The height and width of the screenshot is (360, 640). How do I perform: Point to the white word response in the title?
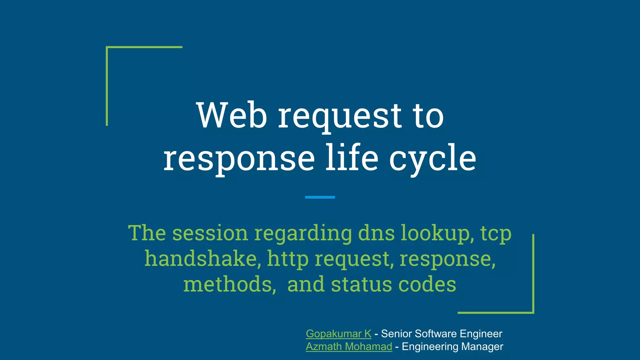coord(239,159)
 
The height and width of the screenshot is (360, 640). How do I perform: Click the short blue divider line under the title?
coord(320,197)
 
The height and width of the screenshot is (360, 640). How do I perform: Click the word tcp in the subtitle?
coord(496,234)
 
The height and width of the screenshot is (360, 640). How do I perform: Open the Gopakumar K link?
coord(338,334)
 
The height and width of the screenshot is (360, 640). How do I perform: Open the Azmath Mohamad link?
coord(349,347)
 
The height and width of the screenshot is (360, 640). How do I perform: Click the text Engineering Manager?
coord(452,347)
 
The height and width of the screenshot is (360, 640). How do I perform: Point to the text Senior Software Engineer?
coord(441,334)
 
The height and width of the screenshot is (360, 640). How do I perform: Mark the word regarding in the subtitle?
coord(303,234)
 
